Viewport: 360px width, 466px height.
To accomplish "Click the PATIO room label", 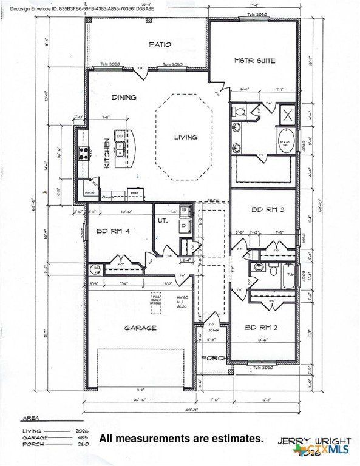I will pyautogui.click(x=160, y=44).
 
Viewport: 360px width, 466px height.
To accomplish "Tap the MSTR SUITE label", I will pyautogui.click(x=254, y=61).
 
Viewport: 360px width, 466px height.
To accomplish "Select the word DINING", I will pyautogui.click(x=124, y=97).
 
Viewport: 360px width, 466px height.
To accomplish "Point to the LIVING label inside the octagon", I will pyautogui.click(x=186, y=137).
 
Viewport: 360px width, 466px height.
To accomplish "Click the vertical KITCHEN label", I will pyautogui.click(x=107, y=153).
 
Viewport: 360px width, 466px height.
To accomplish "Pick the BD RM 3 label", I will pyautogui.click(x=265, y=209).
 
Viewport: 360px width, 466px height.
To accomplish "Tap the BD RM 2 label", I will pyautogui.click(x=260, y=328).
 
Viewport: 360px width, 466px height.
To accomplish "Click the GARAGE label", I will pyautogui.click(x=140, y=328).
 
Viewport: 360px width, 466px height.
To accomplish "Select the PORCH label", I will pyautogui.click(x=213, y=357).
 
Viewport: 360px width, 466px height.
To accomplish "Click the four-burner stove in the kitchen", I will pyautogui.click(x=83, y=154).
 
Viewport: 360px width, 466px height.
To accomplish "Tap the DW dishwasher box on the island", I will pyautogui.click(x=120, y=136).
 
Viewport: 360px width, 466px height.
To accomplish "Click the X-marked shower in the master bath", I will pyautogui.click(x=287, y=113).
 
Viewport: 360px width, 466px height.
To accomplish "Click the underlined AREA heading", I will pyautogui.click(x=30, y=419).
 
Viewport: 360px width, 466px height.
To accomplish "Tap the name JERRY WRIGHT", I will pyautogui.click(x=314, y=441).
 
